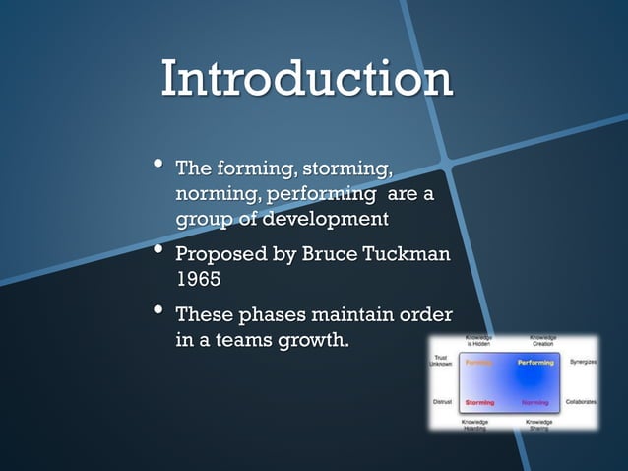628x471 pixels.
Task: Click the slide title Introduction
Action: coord(306,80)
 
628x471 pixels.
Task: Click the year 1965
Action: coord(198,278)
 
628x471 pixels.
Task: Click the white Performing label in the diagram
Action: coord(535,363)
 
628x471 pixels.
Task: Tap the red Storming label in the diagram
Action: coord(479,402)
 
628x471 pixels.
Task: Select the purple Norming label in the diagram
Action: coord(534,402)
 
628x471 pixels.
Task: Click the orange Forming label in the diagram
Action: coord(479,363)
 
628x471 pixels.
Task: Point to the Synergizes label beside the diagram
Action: coord(579,362)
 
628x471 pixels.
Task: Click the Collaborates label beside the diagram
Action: coord(580,402)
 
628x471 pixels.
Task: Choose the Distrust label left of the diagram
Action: coord(443,402)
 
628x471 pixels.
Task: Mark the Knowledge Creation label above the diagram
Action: coord(542,340)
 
